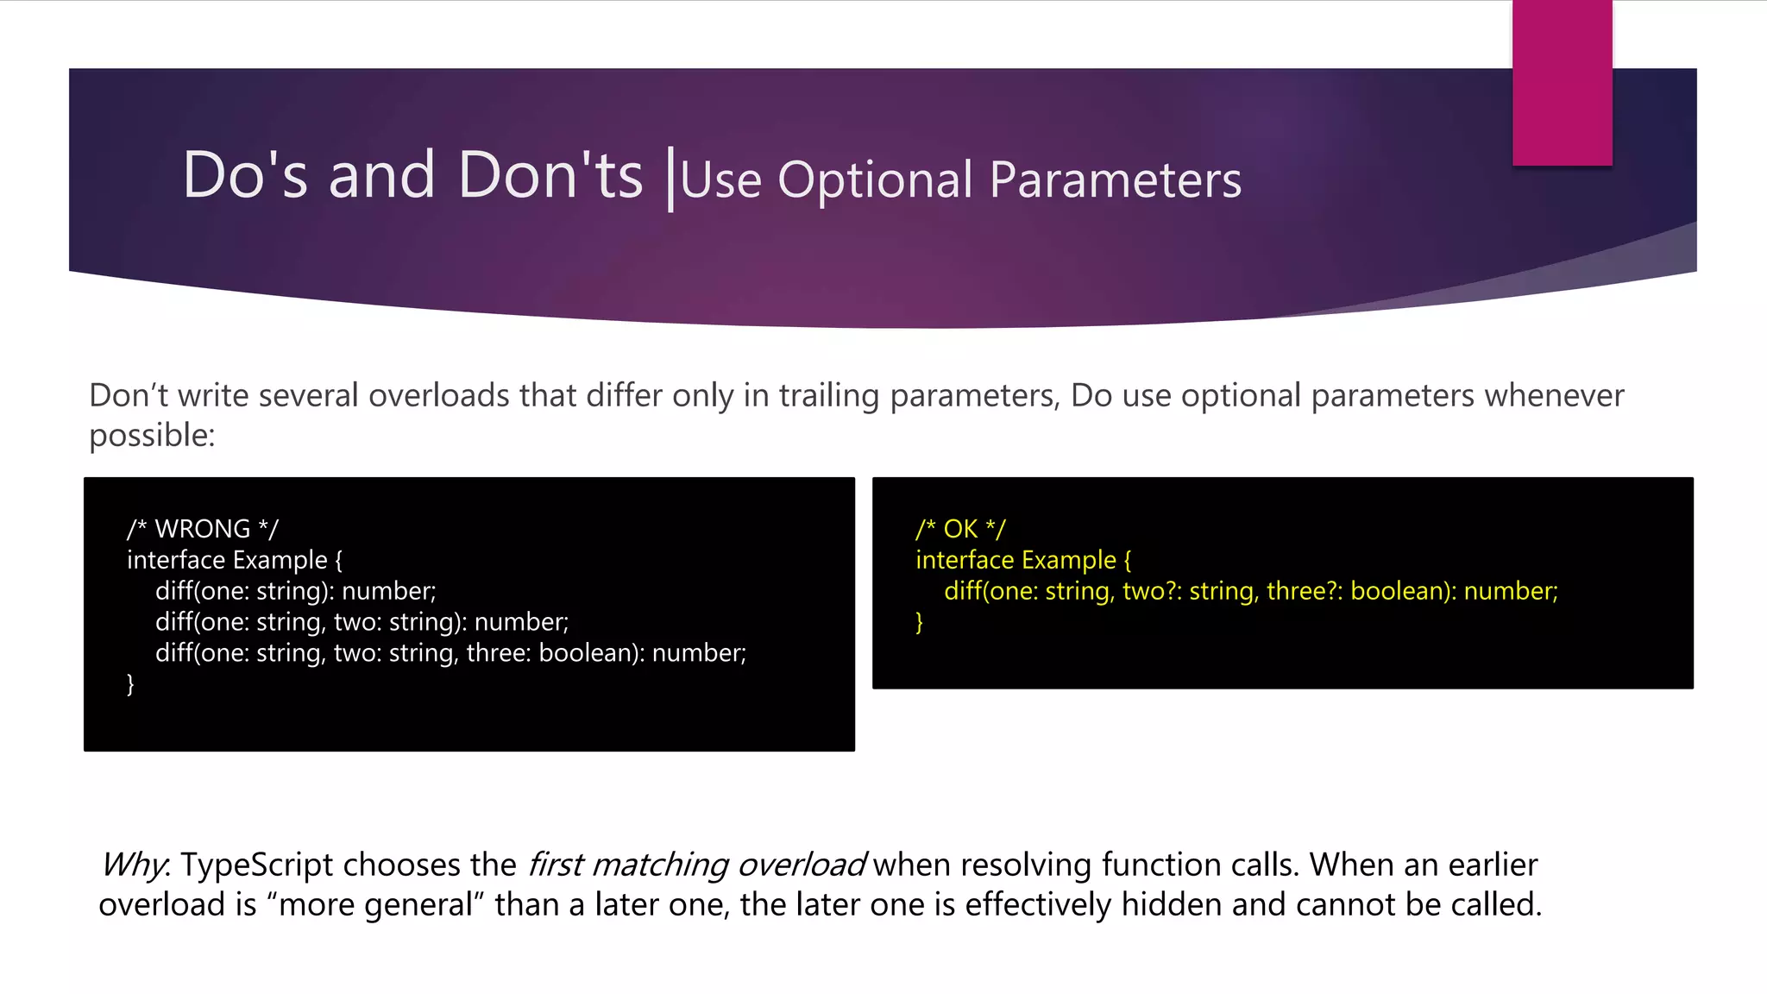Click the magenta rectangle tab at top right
point(1562,82)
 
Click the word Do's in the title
point(245,175)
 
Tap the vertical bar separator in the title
point(670,179)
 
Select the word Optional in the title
point(875,180)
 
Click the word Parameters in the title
point(1115,180)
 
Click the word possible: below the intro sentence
point(152,435)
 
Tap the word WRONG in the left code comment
point(202,529)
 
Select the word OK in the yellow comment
point(959,529)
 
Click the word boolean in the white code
point(587,653)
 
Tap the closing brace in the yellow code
point(919,622)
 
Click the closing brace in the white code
point(130,684)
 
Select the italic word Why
point(131,865)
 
